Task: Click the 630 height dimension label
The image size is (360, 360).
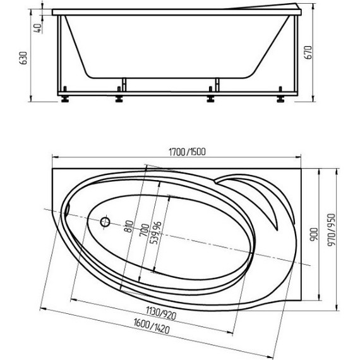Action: (23, 58)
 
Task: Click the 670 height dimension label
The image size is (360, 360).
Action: (308, 52)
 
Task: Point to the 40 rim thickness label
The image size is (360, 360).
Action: (38, 28)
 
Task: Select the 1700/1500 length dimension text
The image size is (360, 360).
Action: (187, 152)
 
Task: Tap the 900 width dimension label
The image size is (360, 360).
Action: (314, 234)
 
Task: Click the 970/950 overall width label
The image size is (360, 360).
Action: (332, 231)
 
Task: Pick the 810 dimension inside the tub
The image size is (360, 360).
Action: (129, 226)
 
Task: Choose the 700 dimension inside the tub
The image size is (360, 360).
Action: (145, 231)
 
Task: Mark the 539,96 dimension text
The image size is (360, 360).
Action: (155, 233)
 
